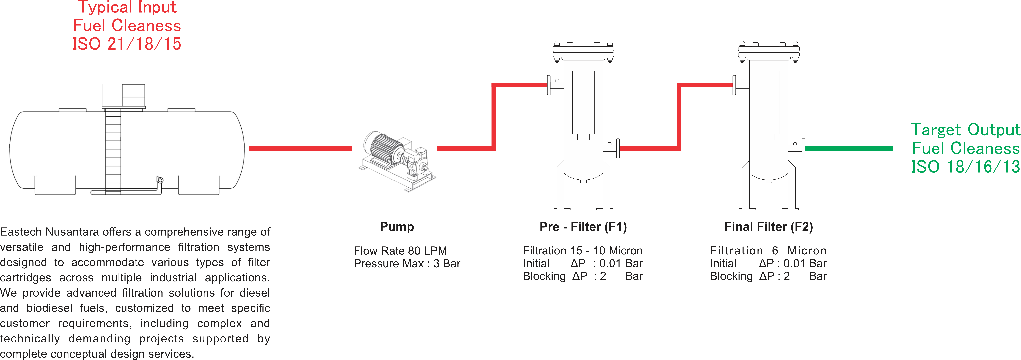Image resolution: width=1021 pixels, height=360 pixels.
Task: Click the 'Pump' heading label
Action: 397,227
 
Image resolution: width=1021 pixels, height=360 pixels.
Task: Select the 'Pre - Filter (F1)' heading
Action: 583,227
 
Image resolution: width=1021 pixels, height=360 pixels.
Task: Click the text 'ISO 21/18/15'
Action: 127,44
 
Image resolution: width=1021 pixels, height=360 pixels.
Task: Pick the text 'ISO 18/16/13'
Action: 965,166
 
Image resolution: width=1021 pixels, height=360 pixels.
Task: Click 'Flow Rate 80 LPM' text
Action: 400,251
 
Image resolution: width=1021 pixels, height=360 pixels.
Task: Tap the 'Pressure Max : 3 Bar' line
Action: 407,264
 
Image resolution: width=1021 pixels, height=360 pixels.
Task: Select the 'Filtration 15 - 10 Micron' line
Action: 583,251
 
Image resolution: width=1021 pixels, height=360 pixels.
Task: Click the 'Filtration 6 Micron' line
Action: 768,251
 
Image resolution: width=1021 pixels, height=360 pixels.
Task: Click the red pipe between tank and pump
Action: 300,148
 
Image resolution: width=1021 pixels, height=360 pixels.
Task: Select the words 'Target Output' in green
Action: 965,130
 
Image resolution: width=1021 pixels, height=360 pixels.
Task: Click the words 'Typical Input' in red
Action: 127,7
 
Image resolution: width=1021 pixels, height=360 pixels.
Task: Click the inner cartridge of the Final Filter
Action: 768,102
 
